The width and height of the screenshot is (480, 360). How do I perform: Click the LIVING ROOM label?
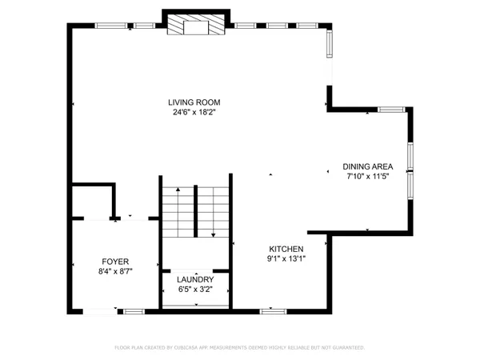pyautogui.click(x=194, y=102)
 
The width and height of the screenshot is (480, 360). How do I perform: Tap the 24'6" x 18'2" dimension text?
pyautogui.click(x=194, y=112)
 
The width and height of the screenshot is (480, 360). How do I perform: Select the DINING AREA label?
pyautogui.click(x=368, y=166)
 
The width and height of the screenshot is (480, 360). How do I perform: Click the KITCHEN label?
pyautogui.click(x=286, y=248)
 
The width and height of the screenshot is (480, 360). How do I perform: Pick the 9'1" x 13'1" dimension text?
pyautogui.click(x=286, y=258)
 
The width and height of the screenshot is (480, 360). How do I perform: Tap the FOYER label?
pyautogui.click(x=115, y=262)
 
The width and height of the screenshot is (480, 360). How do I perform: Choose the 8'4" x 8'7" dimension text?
pyautogui.click(x=115, y=272)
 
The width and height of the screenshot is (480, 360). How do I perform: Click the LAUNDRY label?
pyautogui.click(x=195, y=279)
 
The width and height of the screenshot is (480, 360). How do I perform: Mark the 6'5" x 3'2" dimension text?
pyautogui.click(x=195, y=289)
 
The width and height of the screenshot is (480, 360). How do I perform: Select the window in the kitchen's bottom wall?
pyautogui.click(x=273, y=310)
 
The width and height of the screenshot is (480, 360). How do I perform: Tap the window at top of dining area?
pyautogui.click(x=390, y=109)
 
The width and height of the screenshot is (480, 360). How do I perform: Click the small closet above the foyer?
pyautogui.click(x=92, y=202)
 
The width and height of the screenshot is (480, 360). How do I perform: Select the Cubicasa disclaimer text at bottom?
pyautogui.click(x=240, y=348)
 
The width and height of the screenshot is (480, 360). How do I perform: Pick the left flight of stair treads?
pyautogui.click(x=178, y=212)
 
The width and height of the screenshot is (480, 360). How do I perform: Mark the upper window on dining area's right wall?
pyautogui.click(x=410, y=157)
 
